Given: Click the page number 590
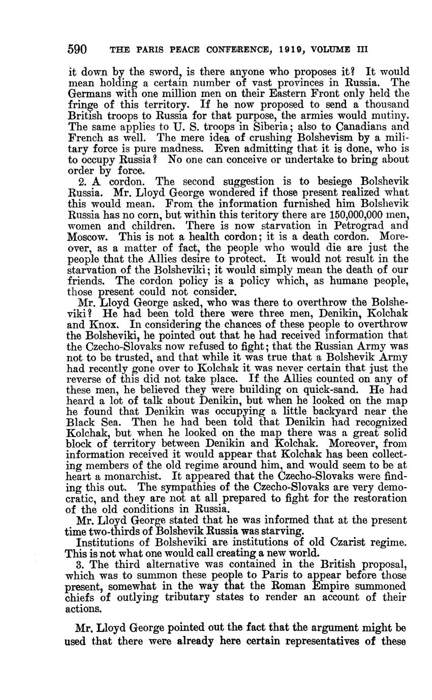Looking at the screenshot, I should tap(77, 50).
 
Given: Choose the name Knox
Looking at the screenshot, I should tap(104, 324).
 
